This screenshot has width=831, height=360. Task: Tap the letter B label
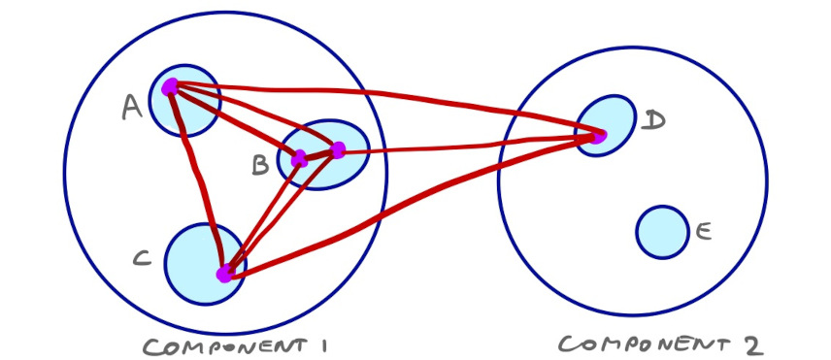(x=259, y=166)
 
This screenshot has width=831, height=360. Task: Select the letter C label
(x=141, y=258)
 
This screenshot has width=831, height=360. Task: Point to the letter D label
(x=654, y=119)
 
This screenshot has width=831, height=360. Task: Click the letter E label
(x=704, y=231)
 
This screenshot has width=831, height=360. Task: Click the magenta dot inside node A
(x=171, y=86)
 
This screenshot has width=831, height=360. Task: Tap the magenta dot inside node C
(x=225, y=274)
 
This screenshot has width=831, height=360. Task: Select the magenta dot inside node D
(x=596, y=137)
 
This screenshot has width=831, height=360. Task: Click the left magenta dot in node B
(x=299, y=158)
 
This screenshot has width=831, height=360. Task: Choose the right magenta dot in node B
(x=338, y=150)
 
